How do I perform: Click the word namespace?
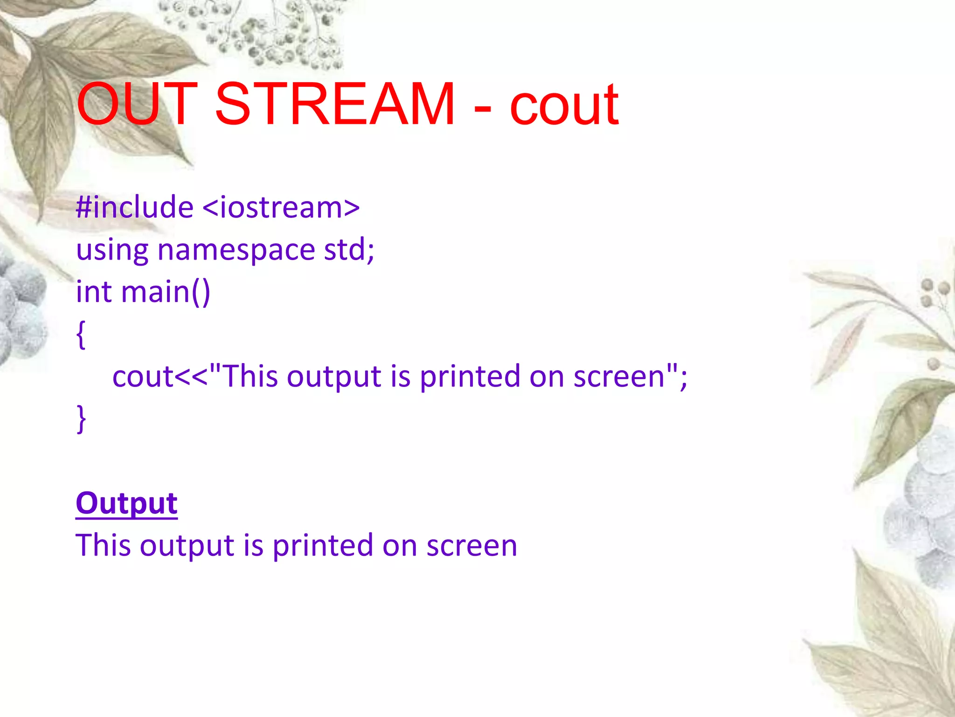[x=236, y=250]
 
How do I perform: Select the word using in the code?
[x=112, y=250]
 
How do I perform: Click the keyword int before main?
[x=93, y=291]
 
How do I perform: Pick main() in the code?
[x=166, y=292]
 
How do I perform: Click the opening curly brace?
[x=81, y=334]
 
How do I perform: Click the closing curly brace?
[x=81, y=419]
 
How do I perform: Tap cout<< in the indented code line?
[x=159, y=376]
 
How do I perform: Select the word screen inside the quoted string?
[x=618, y=376]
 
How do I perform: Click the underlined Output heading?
[x=126, y=503]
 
